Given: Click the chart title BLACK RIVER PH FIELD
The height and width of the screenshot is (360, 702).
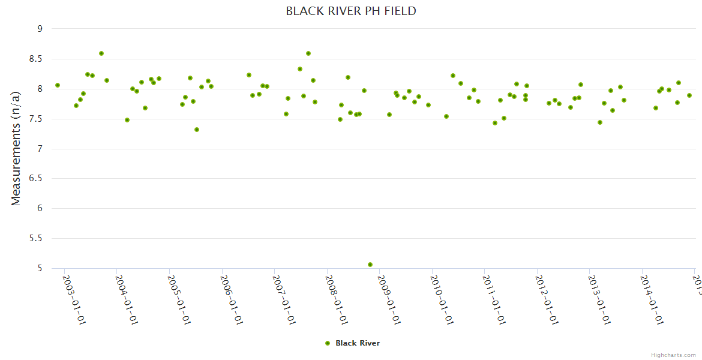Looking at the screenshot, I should (350, 11).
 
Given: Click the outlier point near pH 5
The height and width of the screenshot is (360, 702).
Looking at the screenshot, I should (370, 265).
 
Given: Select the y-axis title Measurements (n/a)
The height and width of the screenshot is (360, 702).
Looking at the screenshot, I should (16, 148).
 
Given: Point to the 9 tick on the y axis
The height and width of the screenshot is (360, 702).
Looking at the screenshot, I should (40, 29).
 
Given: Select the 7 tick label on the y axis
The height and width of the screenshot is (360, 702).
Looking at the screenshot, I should (40, 149).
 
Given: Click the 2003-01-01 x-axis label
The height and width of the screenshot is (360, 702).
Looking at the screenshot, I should (74, 300).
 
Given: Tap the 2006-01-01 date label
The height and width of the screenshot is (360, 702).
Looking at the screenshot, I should (232, 300).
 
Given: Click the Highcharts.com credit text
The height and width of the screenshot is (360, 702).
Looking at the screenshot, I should (673, 355).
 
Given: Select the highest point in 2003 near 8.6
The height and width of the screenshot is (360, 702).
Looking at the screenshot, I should (101, 53).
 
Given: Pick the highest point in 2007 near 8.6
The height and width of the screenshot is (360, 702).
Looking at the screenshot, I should (308, 53).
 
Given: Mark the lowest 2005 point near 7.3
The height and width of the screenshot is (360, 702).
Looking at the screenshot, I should (197, 130).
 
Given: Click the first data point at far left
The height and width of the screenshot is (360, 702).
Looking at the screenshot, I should (58, 85).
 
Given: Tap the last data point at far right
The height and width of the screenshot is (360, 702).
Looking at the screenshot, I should (689, 95).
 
